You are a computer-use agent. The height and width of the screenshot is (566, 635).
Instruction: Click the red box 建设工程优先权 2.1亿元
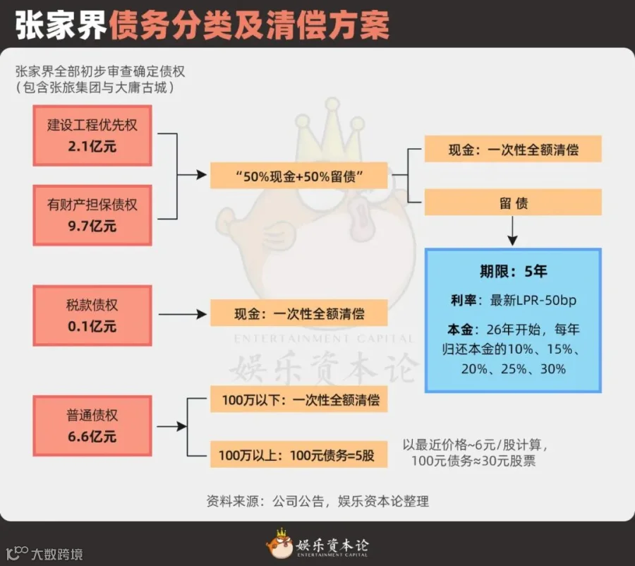click(x=92, y=136)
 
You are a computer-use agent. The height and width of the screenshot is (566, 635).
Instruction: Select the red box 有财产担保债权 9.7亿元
click(x=92, y=215)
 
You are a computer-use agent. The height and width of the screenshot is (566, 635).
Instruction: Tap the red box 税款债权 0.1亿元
click(x=92, y=315)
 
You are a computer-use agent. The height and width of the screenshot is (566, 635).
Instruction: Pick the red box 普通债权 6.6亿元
click(x=92, y=426)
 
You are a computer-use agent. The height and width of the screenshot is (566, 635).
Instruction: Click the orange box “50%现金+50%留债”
click(x=299, y=176)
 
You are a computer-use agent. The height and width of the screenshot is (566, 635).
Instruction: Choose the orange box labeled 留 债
click(x=513, y=203)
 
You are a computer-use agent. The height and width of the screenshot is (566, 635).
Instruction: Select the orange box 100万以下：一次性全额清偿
click(x=299, y=399)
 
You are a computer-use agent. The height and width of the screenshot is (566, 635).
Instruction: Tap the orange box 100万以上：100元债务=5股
click(x=299, y=455)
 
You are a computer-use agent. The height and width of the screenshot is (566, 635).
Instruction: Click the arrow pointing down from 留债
click(x=513, y=231)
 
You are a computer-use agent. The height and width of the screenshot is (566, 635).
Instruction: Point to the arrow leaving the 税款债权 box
click(x=183, y=314)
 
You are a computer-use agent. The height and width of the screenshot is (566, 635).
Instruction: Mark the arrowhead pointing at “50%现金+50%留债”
click(x=202, y=175)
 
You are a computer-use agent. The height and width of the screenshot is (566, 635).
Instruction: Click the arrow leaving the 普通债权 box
click(x=171, y=426)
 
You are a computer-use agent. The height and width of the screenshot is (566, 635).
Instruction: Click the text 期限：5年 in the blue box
click(x=513, y=271)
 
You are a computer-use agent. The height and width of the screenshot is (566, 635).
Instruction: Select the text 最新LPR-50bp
click(x=533, y=300)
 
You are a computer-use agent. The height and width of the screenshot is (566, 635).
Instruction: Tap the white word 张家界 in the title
click(x=61, y=25)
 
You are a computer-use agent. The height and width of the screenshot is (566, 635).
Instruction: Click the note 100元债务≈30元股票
click(x=473, y=461)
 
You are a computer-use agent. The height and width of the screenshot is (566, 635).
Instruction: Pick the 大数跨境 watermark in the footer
click(x=44, y=553)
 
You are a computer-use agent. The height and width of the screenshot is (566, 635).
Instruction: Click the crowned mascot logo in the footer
click(x=279, y=543)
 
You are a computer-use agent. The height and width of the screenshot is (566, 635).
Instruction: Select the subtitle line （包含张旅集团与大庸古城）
click(x=95, y=88)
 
